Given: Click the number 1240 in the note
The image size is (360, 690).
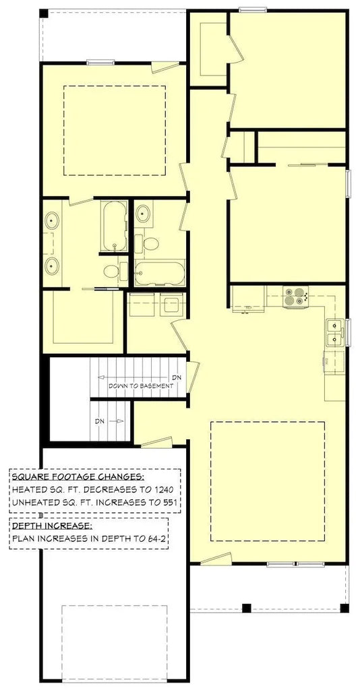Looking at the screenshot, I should pos(164,489).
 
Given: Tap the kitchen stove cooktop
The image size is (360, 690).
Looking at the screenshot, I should pos(296,296).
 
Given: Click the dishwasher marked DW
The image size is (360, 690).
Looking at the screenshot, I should pos(334,361).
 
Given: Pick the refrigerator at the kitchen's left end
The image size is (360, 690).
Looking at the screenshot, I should pos(246,299).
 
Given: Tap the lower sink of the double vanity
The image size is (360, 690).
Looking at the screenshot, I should pos(52,265).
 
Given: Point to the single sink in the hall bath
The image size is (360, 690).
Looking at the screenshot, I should pos(143,215).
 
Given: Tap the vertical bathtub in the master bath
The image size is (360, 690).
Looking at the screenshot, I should pos(113,225).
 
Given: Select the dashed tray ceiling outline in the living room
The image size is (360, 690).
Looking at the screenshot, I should pos(268,481).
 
